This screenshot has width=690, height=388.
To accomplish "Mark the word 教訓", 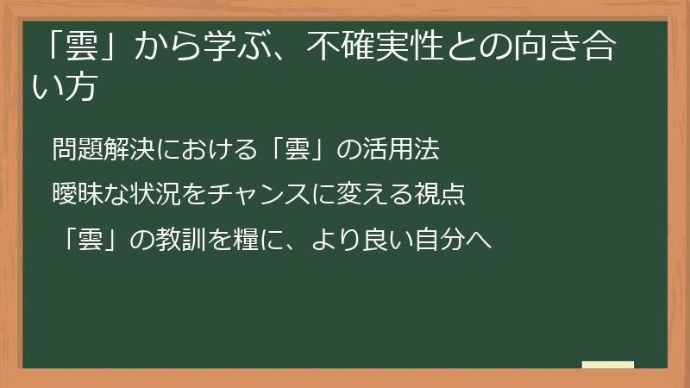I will (x=179, y=239).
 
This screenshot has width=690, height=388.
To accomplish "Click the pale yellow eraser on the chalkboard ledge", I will (x=608, y=365).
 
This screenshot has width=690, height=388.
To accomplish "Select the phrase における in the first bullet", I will (x=199, y=150).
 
